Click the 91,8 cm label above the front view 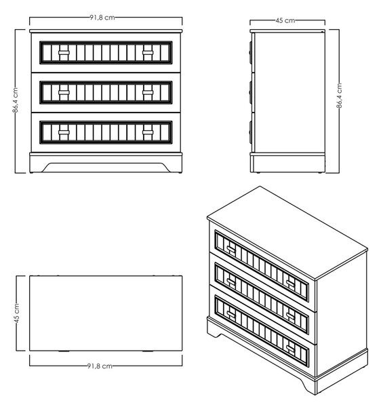click(x=102, y=18)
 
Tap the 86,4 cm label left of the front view click(x=16, y=100)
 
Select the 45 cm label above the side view click(x=285, y=20)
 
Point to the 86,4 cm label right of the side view click(x=339, y=95)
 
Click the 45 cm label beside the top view click(x=16, y=313)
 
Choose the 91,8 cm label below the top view click(x=100, y=366)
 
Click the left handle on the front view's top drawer click(x=64, y=53)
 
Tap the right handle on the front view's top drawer click(x=148, y=53)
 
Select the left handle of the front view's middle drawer click(x=64, y=93)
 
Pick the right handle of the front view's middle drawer click(x=148, y=93)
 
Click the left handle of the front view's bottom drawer click(x=64, y=132)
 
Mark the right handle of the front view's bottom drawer click(x=148, y=132)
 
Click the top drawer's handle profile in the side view click(x=251, y=53)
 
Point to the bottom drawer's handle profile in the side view click(x=251, y=132)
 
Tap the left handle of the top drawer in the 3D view click(x=230, y=249)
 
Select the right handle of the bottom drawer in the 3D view click(x=290, y=349)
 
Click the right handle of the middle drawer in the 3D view click(x=290, y=316)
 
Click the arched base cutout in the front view click(x=106, y=167)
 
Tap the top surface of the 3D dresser click(x=287, y=232)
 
